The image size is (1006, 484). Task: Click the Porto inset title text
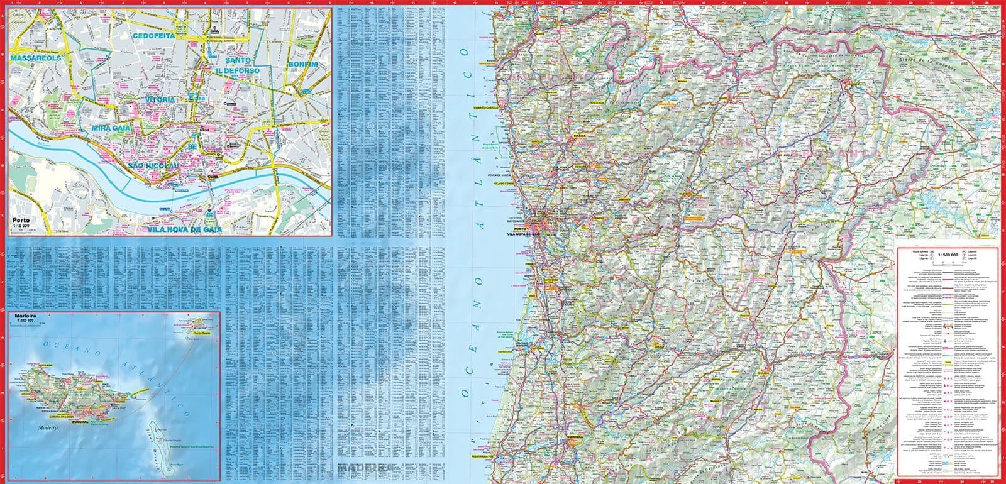(21, 220)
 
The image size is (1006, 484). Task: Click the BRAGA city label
(579, 135)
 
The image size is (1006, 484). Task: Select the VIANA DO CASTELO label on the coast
(485, 107)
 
